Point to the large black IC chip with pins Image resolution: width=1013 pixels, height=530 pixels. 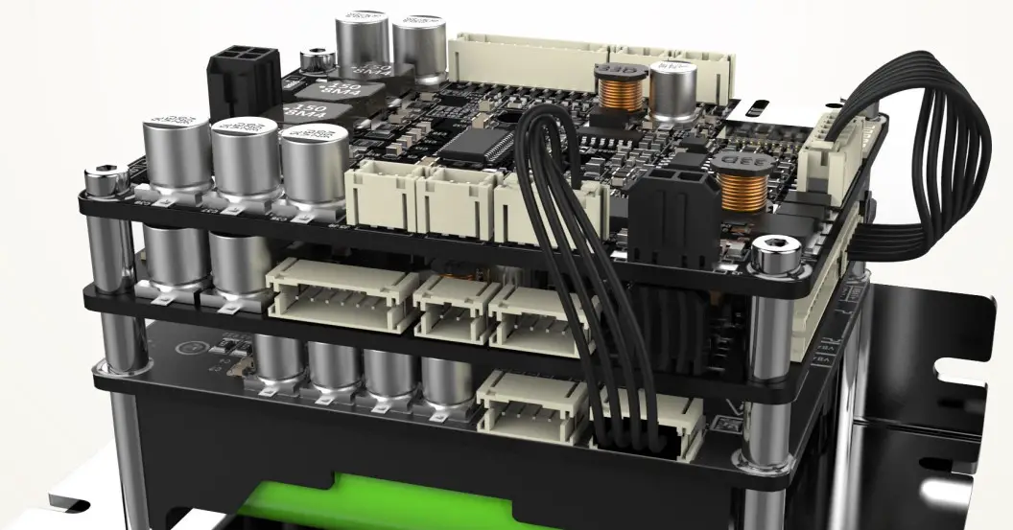(477, 144)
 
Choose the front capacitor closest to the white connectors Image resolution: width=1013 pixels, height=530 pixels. (313, 168)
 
